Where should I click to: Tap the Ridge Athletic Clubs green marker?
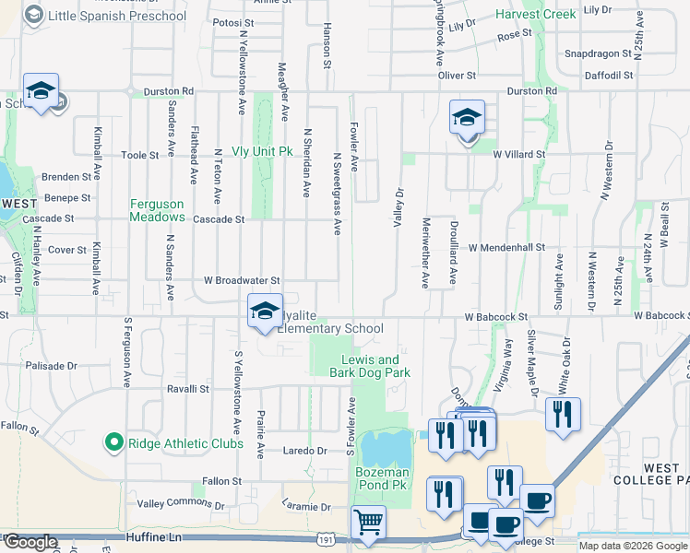pyautogui.click(x=114, y=443)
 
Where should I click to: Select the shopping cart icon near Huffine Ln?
pyautogui.click(x=368, y=524)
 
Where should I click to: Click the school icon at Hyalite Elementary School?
pyautogui.click(x=265, y=312)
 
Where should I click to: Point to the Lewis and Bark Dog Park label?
pyautogui.click(x=370, y=366)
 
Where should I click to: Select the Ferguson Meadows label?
pyautogui.click(x=157, y=210)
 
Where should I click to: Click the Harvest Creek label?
pyautogui.click(x=535, y=15)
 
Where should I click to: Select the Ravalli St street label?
pyautogui.click(x=188, y=389)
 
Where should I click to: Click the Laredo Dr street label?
pyautogui.click(x=309, y=452)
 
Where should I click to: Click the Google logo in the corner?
pyautogui.click(x=30, y=542)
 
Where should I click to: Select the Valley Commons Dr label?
pyautogui.click(x=181, y=504)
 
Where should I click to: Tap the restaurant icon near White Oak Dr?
pyautogui.click(x=563, y=415)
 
